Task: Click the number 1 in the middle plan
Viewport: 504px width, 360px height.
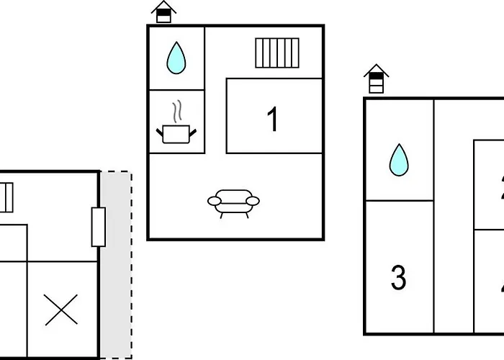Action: (273, 120)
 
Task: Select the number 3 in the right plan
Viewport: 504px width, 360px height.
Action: (398, 277)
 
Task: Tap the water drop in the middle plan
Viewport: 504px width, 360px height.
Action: (176, 58)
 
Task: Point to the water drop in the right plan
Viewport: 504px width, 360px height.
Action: (398, 160)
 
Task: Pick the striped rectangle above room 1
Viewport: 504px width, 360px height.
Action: (277, 53)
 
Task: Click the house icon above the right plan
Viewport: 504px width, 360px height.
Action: (376, 78)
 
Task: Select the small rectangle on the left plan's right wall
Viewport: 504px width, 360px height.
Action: (99, 227)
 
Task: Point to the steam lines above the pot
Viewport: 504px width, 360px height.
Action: (177, 113)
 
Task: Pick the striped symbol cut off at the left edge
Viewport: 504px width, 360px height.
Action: (6, 197)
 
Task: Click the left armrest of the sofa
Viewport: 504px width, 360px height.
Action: (214, 201)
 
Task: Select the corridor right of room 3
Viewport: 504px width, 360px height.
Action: (454, 216)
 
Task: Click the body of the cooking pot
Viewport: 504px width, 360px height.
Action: (176, 134)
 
